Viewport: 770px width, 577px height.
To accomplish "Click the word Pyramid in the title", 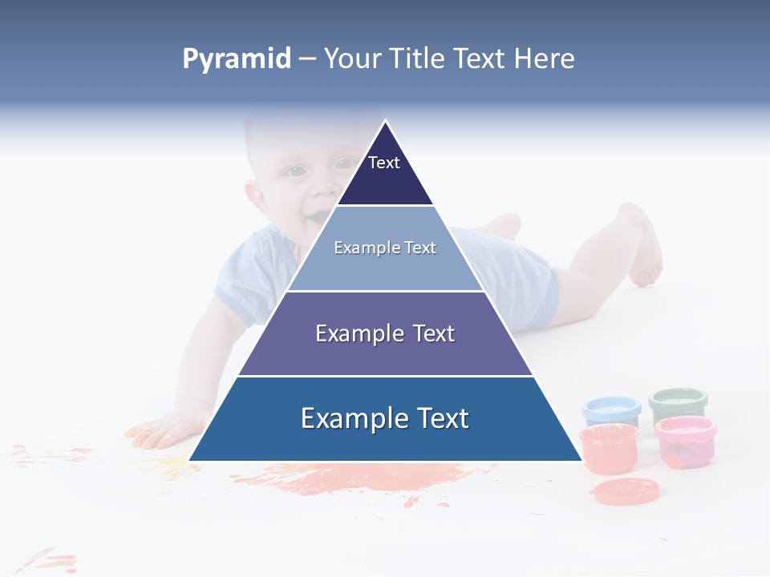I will [x=237, y=59].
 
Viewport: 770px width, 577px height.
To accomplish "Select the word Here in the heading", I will [x=544, y=59].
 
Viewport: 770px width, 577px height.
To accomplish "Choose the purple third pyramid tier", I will [x=385, y=333].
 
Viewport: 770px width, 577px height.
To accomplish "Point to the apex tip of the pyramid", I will [x=386, y=123].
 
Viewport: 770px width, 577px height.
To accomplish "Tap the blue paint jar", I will [x=611, y=410].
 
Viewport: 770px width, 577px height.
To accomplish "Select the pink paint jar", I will [x=685, y=441].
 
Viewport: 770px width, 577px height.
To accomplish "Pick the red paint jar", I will [x=609, y=449].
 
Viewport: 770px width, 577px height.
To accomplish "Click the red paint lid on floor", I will [x=626, y=490].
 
